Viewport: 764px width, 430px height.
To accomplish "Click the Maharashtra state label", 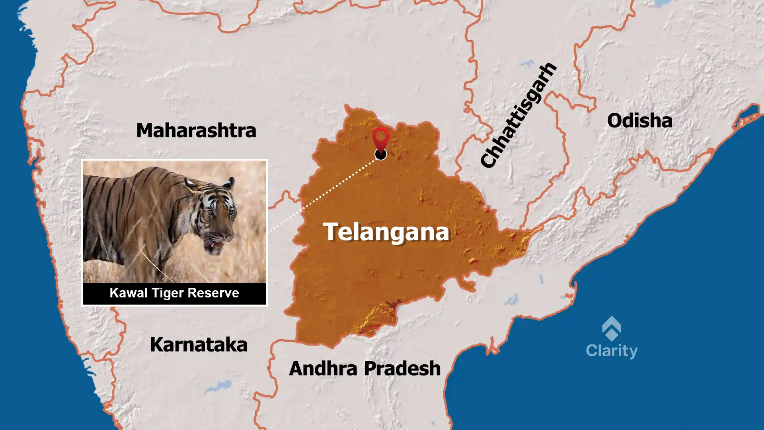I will pyautogui.click(x=196, y=131).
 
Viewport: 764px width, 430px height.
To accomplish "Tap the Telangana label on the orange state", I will pyautogui.click(x=386, y=232).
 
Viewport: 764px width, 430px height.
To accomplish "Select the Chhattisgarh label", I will pyautogui.click(x=518, y=115).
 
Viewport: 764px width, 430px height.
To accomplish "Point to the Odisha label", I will pyautogui.click(x=639, y=121).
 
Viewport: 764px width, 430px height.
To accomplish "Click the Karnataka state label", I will pyautogui.click(x=199, y=345).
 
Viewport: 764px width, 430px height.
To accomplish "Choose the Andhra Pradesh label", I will pyautogui.click(x=364, y=369).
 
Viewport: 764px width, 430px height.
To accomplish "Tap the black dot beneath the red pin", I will pyautogui.click(x=381, y=154).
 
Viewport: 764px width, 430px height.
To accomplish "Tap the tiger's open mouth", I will pyautogui.click(x=217, y=243).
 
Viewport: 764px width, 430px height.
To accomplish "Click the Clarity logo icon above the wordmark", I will pyautogui.click(x=612, y=329).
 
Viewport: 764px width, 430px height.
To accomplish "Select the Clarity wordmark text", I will pyautogui.click(x=612, y=351).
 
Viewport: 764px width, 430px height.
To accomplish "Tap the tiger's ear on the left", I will pyautogui.click(x=190, y=184).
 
